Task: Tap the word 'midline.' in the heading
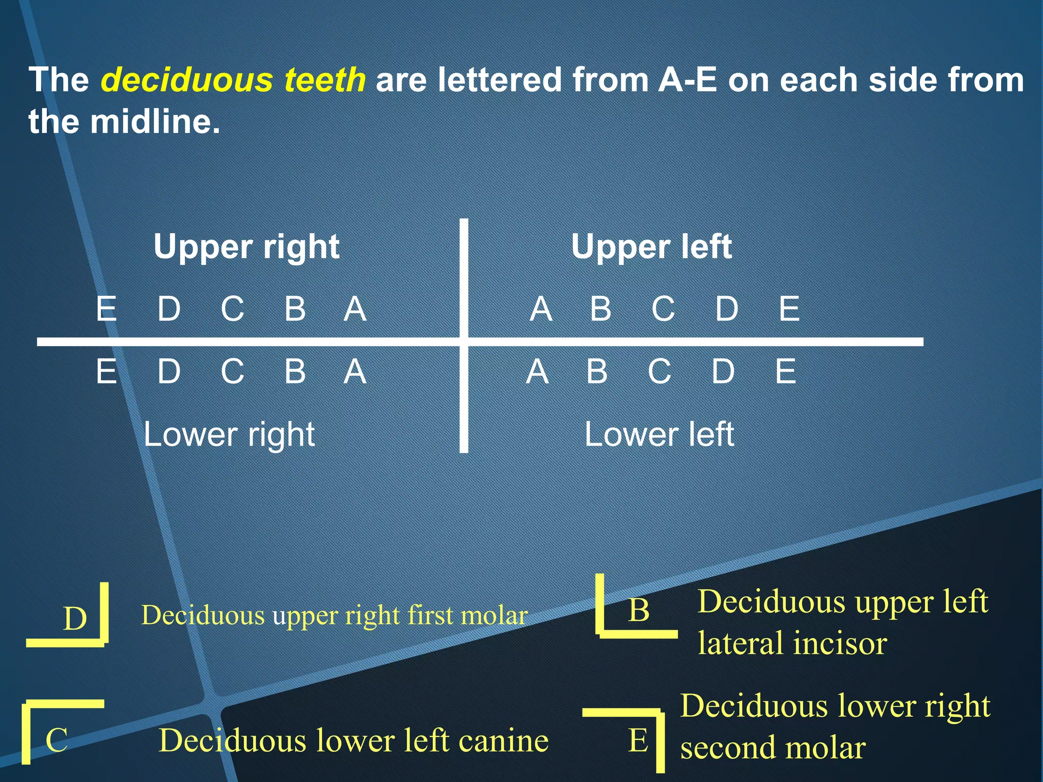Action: click(x=155, y=122)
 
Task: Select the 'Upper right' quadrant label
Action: click(x=246, y=247)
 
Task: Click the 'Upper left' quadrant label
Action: click(x=651, y=247)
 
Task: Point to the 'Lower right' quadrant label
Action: click(x=229, y=434)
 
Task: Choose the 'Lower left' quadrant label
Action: click(x=659, y=434)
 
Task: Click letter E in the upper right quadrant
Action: click(x=106, y=309)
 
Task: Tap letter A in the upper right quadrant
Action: click(x=355, y=309)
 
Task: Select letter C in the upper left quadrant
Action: click(x=663, y=309)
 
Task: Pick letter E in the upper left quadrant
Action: click(x=789, y=309)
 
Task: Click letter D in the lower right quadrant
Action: click(x=169, y=371)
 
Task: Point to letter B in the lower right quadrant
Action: click(x=295, y=371)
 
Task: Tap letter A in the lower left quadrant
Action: click(x=537, y=371)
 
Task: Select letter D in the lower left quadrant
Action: click(x=723, y=371)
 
